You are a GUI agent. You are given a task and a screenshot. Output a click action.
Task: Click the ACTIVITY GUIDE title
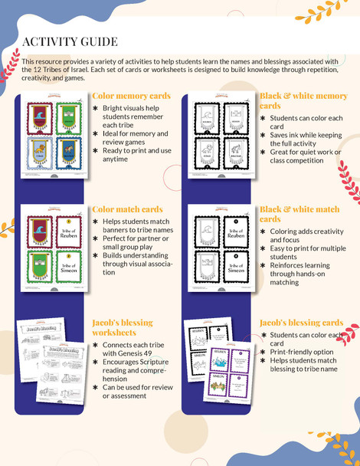[70, 41]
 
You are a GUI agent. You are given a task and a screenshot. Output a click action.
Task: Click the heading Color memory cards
[130, 96]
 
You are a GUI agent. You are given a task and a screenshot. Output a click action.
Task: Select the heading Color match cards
[127, 209]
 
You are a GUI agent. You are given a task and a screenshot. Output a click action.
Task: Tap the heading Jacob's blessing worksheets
[123, 327]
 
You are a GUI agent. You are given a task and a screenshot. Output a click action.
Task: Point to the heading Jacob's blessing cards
[300, 323]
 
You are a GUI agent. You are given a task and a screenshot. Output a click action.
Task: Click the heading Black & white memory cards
[303, 100]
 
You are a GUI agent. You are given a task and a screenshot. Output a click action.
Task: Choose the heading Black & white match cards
[299, 214]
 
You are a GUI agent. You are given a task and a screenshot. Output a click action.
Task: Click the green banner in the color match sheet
[39, 266]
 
